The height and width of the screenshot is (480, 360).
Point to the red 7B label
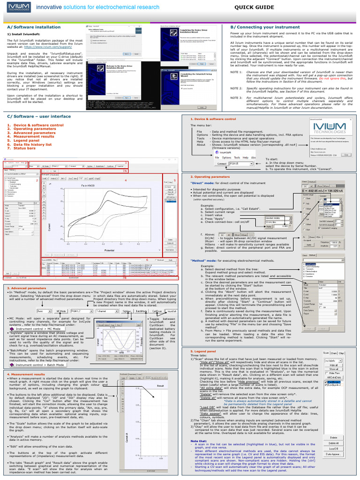click(125, 278)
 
